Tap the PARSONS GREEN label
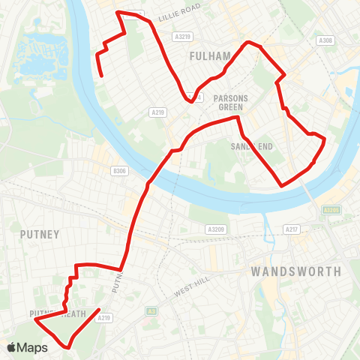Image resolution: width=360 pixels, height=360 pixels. coord(229,102)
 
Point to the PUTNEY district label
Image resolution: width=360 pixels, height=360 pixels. coord(40,234)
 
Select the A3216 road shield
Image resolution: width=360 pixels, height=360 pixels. coord(181,35)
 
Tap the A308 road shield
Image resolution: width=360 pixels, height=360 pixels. coord(325,40)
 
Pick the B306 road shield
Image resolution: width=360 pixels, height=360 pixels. coord(119,171)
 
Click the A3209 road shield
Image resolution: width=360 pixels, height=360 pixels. coord(217,229)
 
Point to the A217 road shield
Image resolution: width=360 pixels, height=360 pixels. coord(292,229)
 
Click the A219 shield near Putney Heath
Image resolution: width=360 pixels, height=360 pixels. coord(104,317)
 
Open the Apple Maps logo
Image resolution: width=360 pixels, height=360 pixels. coord(28,347)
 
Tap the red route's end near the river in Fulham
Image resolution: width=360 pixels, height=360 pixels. coord(101,75)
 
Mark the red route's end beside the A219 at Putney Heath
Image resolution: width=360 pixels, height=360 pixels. coord(100,310)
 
